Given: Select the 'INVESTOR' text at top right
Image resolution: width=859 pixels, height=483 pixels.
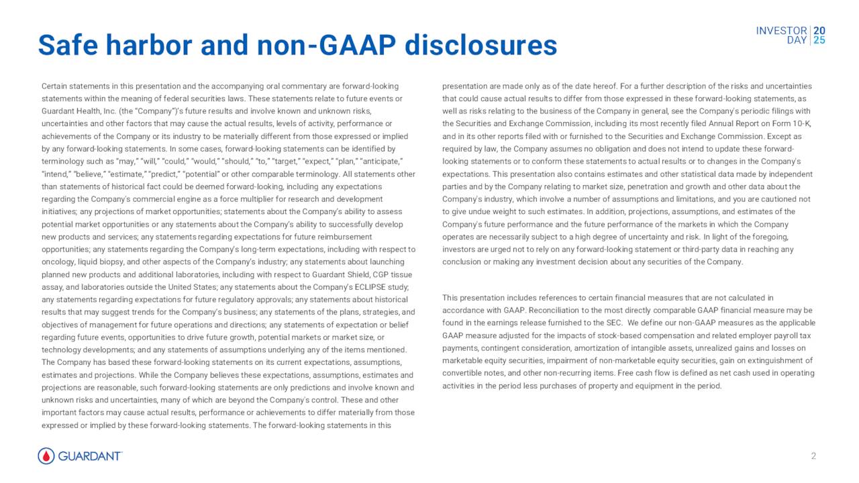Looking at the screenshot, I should coord(781,31).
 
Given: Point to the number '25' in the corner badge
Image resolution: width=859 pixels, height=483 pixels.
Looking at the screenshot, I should coord(819,40).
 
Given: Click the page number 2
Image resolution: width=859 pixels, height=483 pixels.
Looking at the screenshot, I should coord(813,456).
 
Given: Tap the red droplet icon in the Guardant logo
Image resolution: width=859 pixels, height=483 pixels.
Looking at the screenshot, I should coord(46,456).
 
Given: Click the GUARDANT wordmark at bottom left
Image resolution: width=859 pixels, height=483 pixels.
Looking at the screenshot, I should coord(90,456).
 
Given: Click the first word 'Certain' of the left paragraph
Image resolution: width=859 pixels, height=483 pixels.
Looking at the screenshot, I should coord(55,87).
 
